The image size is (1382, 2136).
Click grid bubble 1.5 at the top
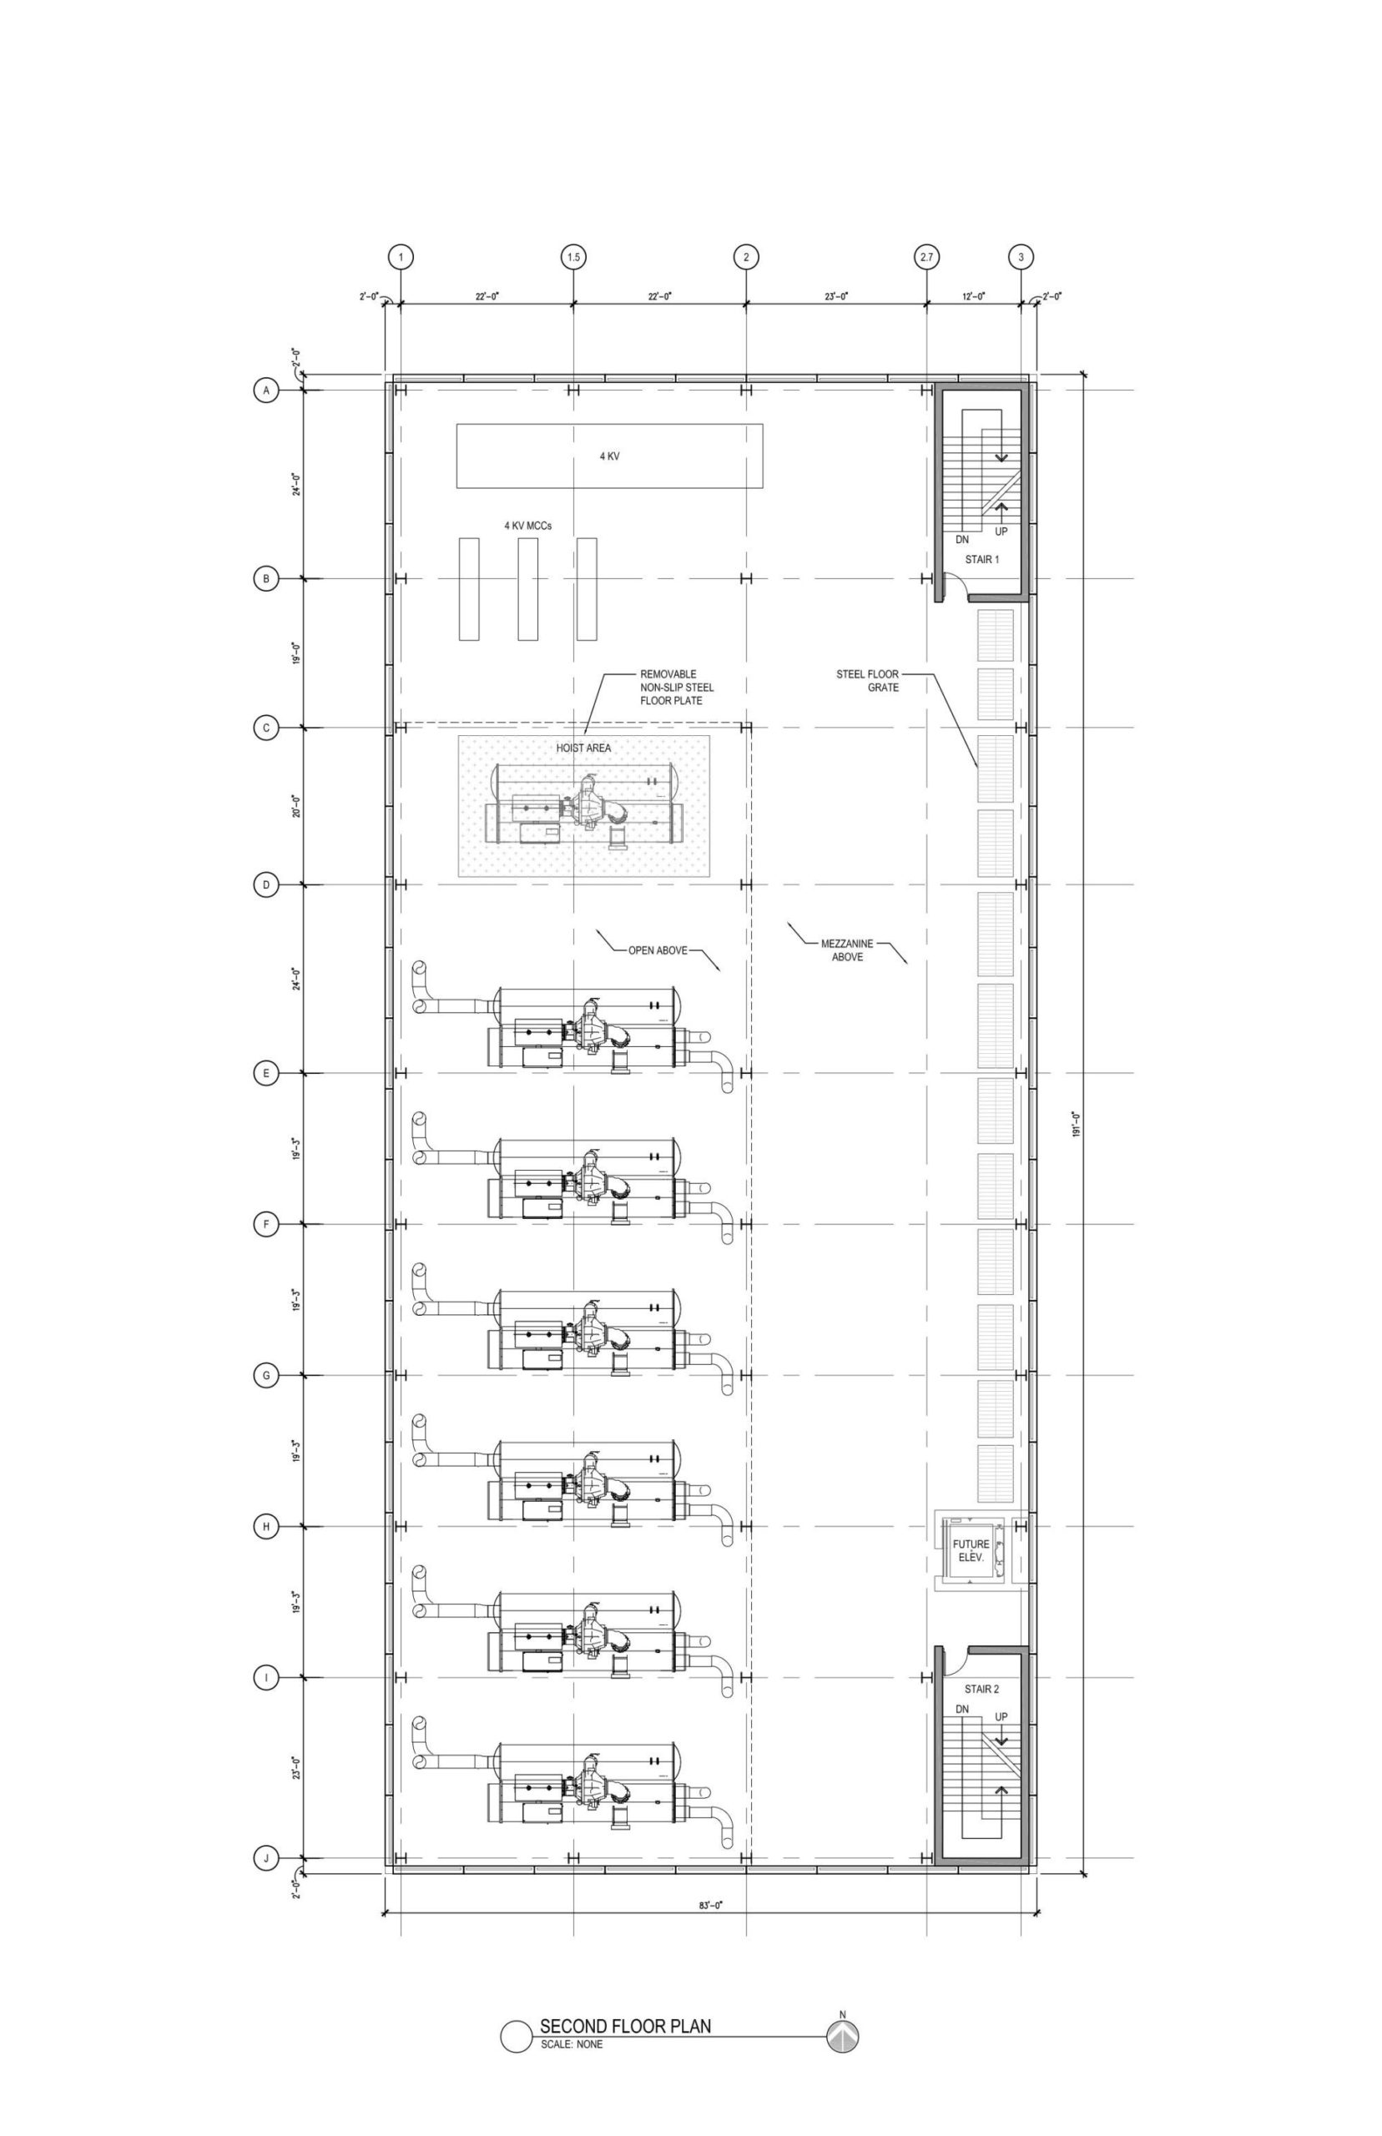[573, 258]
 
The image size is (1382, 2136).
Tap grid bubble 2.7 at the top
[926, 258]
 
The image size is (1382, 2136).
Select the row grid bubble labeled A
[265, 390]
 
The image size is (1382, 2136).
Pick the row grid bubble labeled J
[265, 1859]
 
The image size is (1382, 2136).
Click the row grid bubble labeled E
[265, 1073]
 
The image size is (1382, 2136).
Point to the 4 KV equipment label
[609, 456]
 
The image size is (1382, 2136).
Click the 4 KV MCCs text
[527, 526]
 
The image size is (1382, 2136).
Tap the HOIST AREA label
[583, 748]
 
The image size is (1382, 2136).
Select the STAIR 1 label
[981, 560]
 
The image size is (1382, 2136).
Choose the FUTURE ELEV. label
[971, 1551]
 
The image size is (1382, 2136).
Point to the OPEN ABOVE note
[658, 951]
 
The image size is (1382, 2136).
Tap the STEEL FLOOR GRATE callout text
[868, 681]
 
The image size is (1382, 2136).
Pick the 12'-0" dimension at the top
[973, 295]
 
